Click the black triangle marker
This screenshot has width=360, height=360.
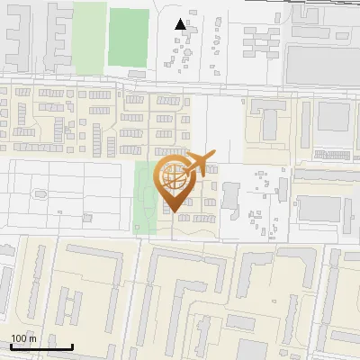(181, 25)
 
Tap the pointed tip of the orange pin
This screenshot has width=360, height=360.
(175, 213)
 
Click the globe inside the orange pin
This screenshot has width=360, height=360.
(175, 177)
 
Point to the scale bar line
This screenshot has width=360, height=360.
(41, 346)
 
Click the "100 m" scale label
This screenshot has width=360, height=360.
(23, 339)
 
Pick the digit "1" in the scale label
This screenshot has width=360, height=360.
(13, 339)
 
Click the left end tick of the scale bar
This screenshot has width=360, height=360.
(10, 345)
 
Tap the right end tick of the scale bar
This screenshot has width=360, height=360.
(73, 345)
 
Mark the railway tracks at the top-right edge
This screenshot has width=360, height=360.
(324, 4)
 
